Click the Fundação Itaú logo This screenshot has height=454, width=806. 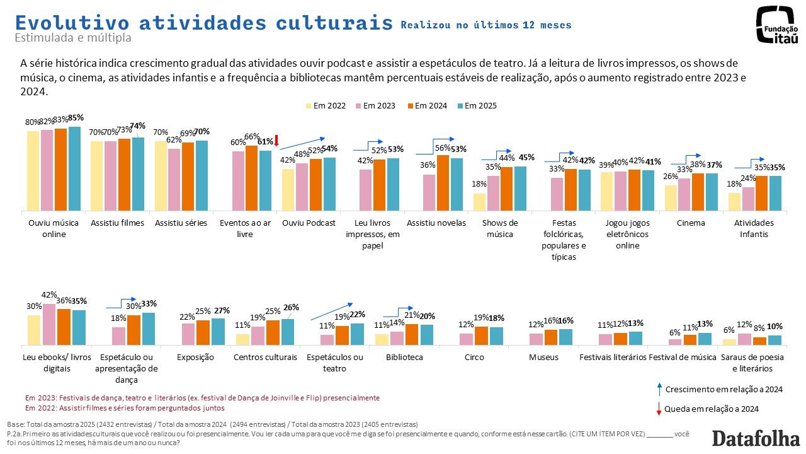(x=777, y=25)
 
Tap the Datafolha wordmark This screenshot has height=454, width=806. (x=756, y=438)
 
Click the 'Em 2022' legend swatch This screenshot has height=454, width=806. (x=309, y=106)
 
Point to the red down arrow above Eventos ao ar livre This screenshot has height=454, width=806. (x=276, y=140)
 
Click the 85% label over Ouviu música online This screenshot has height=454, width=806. (x=76, y=118)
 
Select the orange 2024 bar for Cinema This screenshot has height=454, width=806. (x=698, y=192)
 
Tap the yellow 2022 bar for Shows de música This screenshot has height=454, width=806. (x=480, y=202)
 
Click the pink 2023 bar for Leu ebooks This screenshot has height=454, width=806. (x=48, y=324)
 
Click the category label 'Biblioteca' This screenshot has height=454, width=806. (x=404, y=358)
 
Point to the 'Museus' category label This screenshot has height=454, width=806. (x=544, y=358)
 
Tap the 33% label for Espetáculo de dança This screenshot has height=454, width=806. (x=149, y=304)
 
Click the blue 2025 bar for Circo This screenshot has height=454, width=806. (x=496, y=336)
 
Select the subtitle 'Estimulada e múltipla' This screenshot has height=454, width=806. (x=73, y=38)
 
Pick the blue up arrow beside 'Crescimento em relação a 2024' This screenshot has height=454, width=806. (x=659, y=388)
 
